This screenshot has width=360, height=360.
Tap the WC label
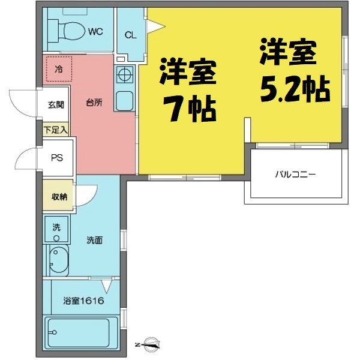95,31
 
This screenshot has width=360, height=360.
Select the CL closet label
130,35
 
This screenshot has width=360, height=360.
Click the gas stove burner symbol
125,74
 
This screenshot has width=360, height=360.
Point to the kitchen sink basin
124,101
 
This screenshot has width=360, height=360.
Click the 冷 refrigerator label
59,69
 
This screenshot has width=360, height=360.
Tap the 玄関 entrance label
56,104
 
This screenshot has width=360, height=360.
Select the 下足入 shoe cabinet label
56,130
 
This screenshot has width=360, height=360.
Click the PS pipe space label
57,158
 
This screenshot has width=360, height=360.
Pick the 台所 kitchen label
94,103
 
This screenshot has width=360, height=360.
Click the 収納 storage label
59,197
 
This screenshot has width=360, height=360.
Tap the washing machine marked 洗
56,229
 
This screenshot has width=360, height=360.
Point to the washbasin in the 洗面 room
59,260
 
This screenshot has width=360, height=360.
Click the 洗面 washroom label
94,240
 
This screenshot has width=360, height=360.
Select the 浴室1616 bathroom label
83,301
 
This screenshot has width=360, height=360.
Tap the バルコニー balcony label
295,175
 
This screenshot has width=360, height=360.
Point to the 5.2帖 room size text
295,89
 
